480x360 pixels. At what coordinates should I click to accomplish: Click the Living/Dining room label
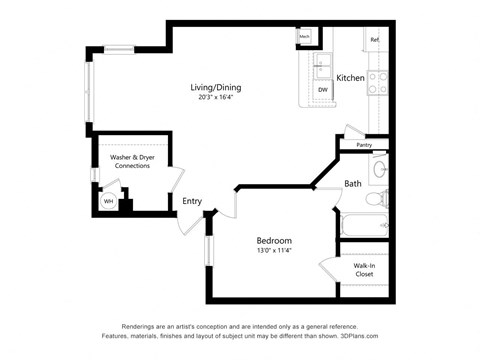pos(215,87)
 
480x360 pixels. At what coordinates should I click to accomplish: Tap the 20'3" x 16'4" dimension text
pos(215,98)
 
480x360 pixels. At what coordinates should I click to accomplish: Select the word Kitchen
pos(349,78)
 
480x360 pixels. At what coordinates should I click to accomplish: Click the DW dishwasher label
pos(323,90)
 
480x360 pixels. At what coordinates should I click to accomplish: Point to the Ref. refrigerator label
pos(374,40)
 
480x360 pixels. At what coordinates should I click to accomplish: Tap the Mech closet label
pos(303,38)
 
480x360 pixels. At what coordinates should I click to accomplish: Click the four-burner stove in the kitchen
pos(378,83)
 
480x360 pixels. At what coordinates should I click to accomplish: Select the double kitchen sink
pos(323,66)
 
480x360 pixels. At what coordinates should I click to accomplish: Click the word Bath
pos(353,183)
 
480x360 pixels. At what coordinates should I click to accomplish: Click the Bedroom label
pos(273,241)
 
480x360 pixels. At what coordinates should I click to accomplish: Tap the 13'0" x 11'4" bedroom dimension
pos(273,252)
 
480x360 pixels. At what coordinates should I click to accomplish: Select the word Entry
pos(192,201)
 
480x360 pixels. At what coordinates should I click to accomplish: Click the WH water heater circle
pos(108,200)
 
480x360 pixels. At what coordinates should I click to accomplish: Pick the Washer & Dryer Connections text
pos(132,161)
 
